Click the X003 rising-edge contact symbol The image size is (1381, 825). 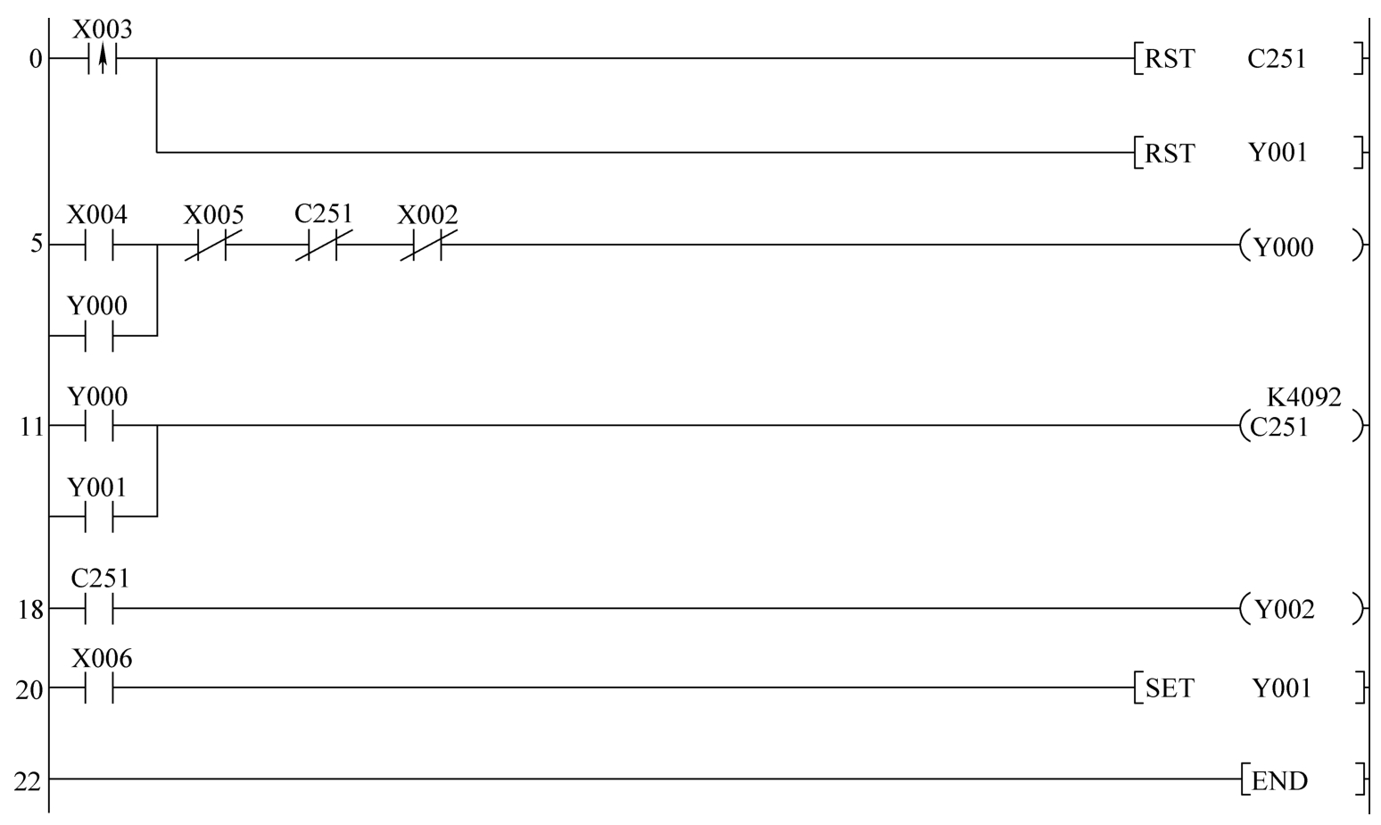pos(103,60)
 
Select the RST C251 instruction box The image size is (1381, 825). pos(1248,59)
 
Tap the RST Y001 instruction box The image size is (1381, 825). pos(1248,153)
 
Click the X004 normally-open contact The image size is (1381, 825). pos(99,245)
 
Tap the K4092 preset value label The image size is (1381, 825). pos(1303,396)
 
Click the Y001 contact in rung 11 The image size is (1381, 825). pos(99,516)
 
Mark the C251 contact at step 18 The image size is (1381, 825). pos(99,610)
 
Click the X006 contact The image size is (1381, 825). pos(99,688)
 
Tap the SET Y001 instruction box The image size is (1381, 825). pos(1248,688)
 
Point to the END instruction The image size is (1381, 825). pos(1302,780)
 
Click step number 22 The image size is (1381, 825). pos(28,781)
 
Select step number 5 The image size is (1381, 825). pos(36,244)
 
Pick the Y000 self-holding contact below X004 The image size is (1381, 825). pos(99,336)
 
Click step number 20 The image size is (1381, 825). pos(29,690)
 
